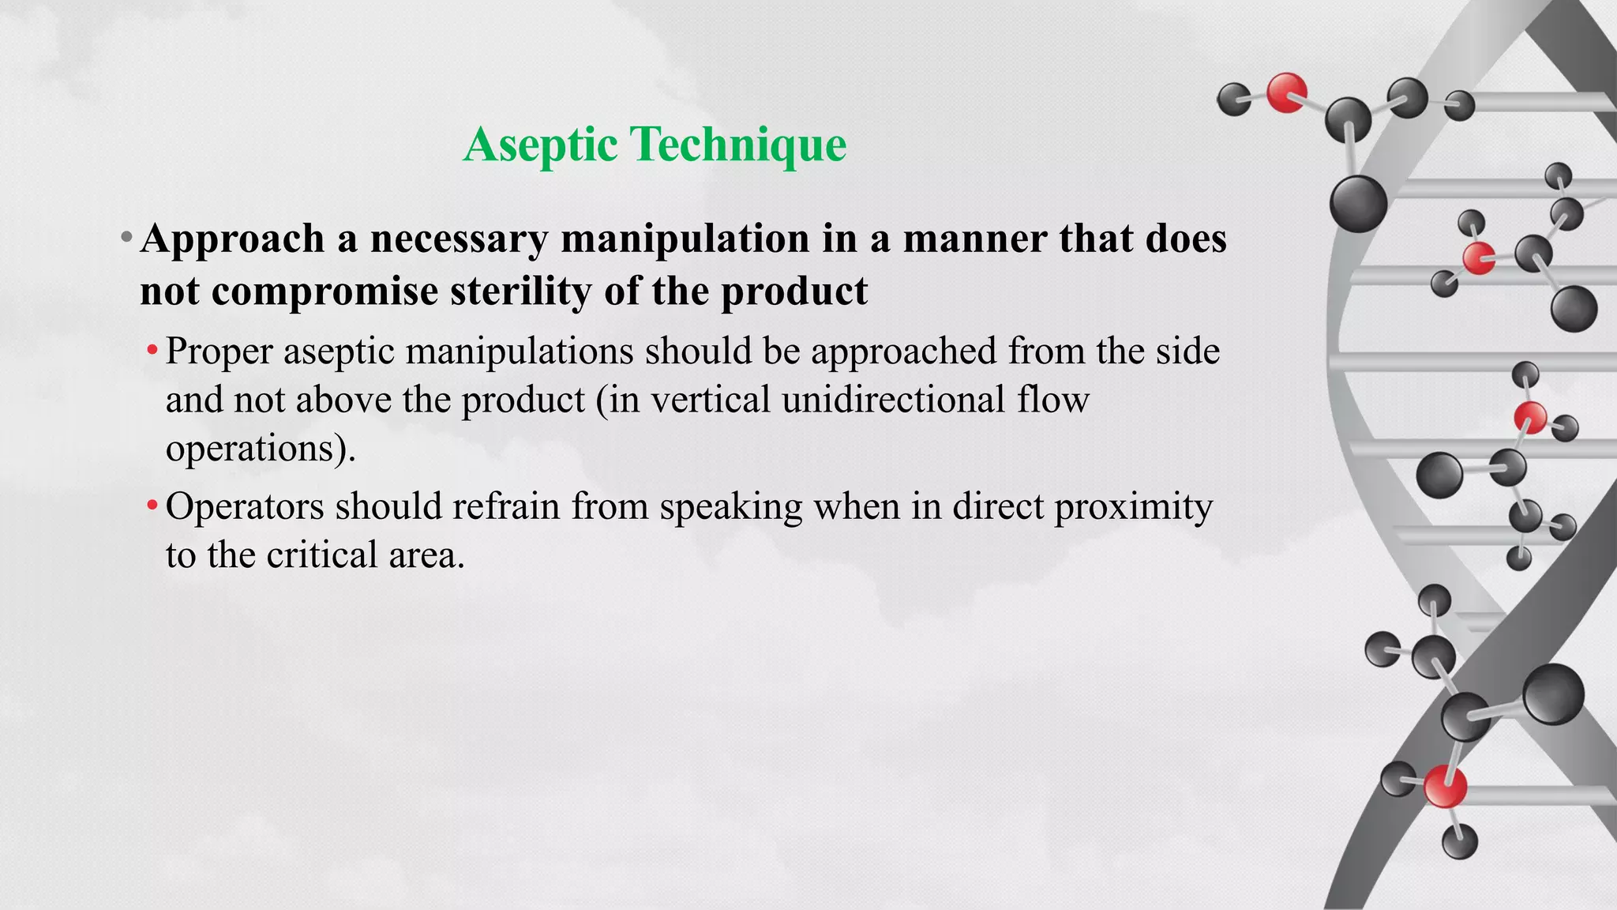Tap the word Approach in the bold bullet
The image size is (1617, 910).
(232, 239)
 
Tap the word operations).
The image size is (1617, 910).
(261, 449)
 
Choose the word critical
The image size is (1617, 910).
(322, 555)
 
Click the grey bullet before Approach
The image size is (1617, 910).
(126, 237)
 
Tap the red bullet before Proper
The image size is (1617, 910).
(152, 350)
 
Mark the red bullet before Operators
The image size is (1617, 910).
(152, 505)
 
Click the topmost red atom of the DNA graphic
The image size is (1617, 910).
(1286, 92)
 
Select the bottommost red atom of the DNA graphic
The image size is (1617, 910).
(1445, 787)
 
